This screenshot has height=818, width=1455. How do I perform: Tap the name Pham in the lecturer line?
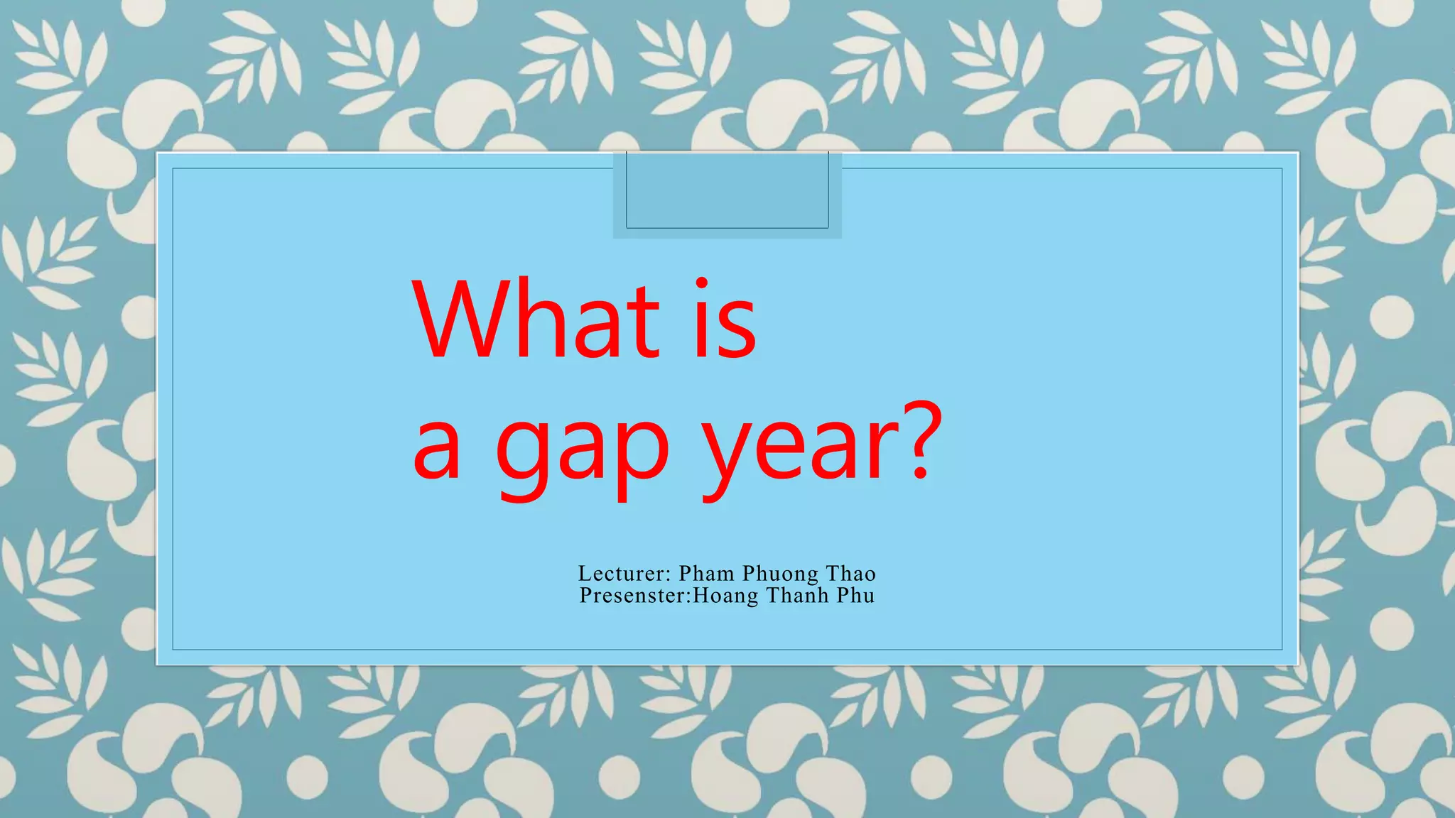point(706,573)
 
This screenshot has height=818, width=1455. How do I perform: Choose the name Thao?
point(851,573)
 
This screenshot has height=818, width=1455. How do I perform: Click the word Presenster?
point(632,595)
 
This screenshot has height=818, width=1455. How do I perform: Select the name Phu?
point(855,595)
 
